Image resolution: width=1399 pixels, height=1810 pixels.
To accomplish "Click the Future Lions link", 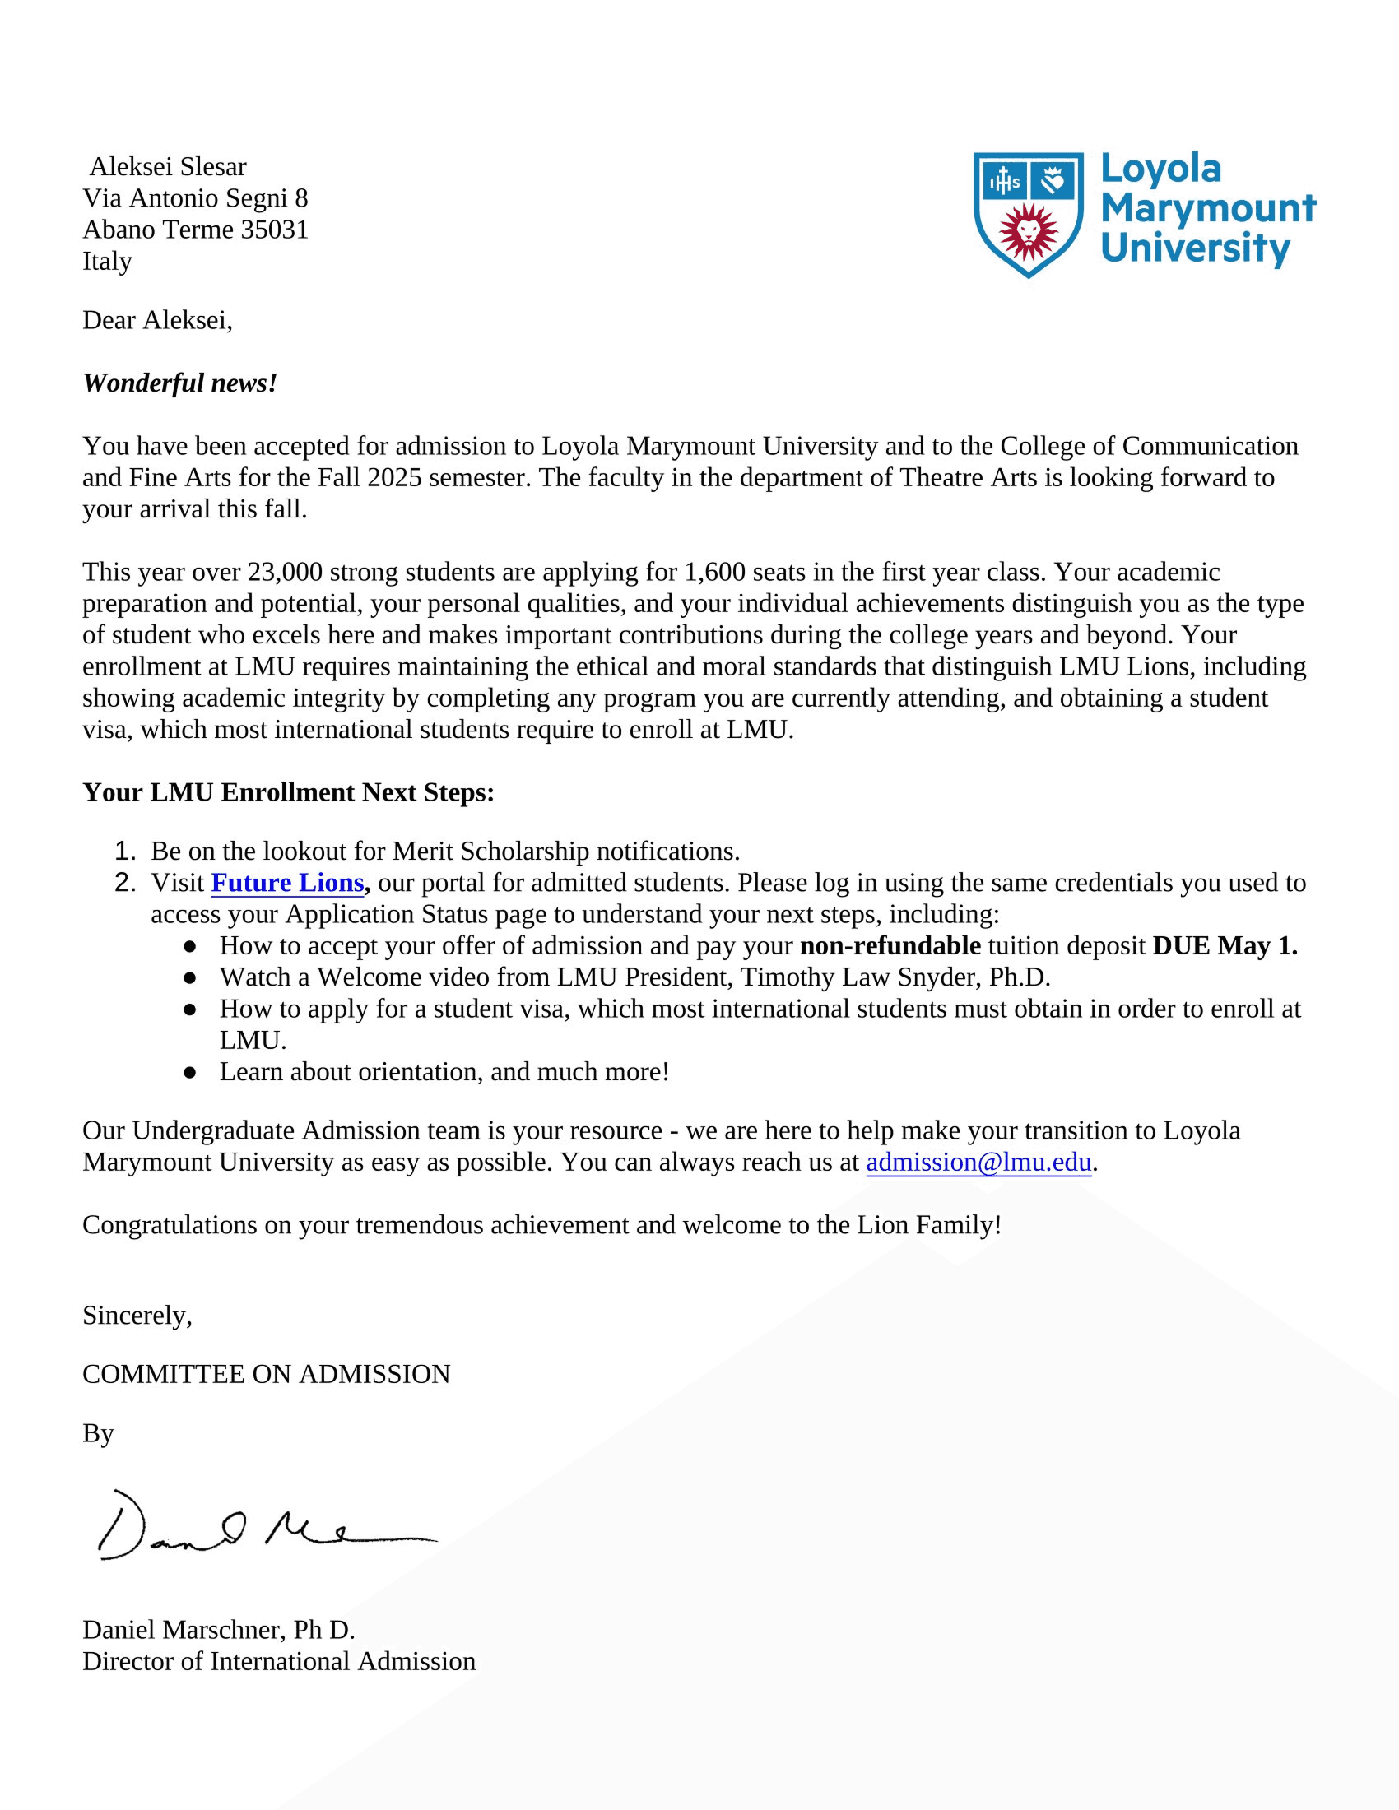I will tap(286, 884).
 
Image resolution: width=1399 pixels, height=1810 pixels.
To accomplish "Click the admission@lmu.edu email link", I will tap(978, 1163).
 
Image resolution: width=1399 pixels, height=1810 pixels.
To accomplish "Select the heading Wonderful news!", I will tap(180, 383).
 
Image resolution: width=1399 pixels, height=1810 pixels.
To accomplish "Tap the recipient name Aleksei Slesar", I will tap(168, 166).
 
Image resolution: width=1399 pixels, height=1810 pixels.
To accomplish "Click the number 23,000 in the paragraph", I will tap(284, 573).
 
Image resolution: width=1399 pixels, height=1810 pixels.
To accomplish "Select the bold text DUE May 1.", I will tap(1225, 946).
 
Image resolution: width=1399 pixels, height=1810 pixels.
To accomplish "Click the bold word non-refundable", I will tap(890, 946).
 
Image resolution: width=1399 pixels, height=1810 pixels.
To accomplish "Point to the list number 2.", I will tap(124, 884).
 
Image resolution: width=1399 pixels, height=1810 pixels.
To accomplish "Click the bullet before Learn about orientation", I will tap(190, 1072).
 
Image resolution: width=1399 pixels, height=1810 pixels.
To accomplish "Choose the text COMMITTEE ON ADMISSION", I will tap(266, 1375).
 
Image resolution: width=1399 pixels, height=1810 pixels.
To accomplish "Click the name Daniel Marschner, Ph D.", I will tap(219, 1630).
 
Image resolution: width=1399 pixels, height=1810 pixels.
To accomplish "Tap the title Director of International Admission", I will tap(278, 1662).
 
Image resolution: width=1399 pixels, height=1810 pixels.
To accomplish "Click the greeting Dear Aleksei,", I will tap(157, 321).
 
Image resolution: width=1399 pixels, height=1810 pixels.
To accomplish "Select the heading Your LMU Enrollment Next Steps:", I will tap(288, 793).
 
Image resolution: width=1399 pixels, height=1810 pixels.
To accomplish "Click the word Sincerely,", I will tap(137, 1316).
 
